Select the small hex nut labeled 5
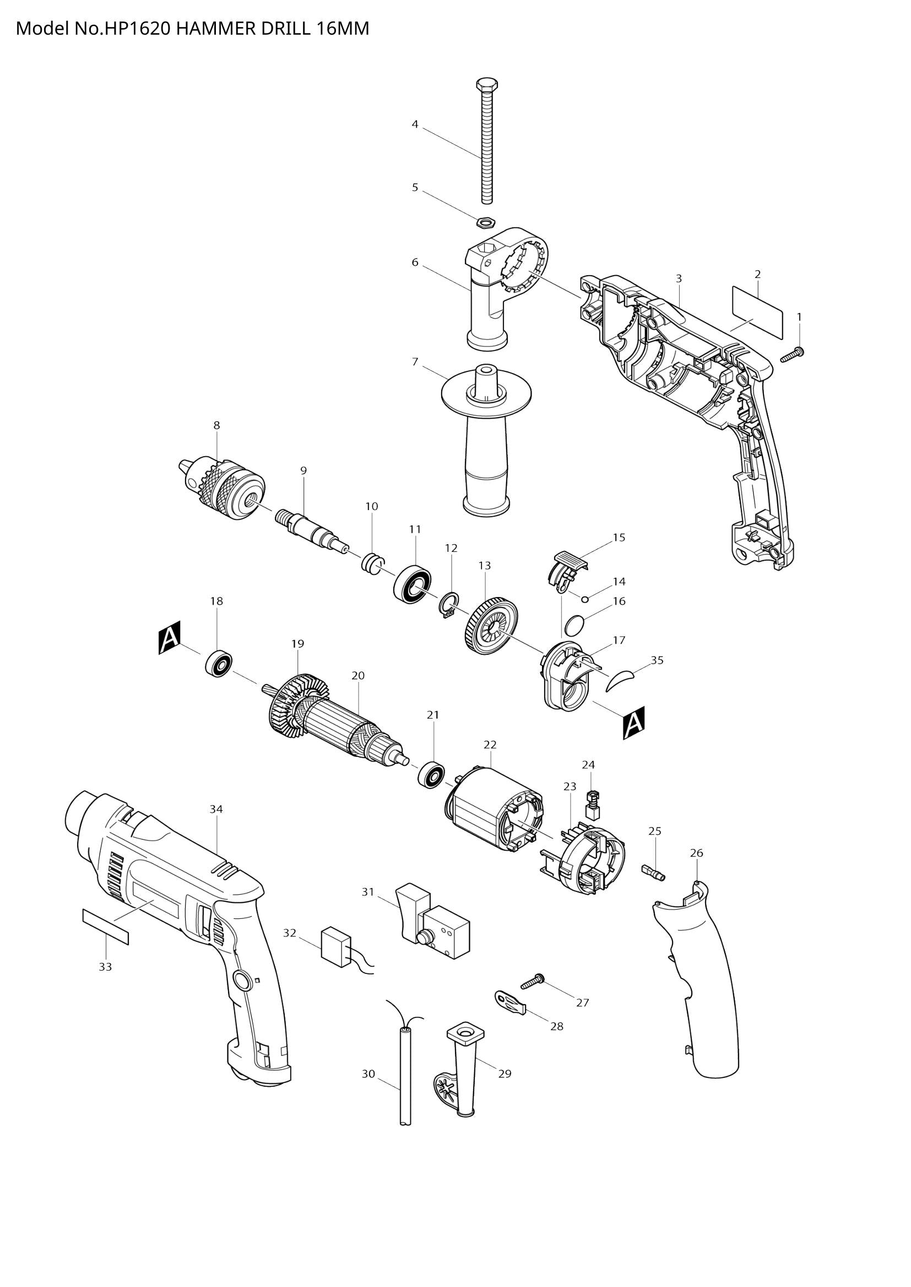pos(485,222)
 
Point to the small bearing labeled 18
pos(219,663)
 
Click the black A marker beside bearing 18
pos(170,638)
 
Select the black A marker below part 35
pos(634,723)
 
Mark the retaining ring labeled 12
pos(449,606)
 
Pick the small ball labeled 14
pos(584,599)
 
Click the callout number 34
pos(216,809)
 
